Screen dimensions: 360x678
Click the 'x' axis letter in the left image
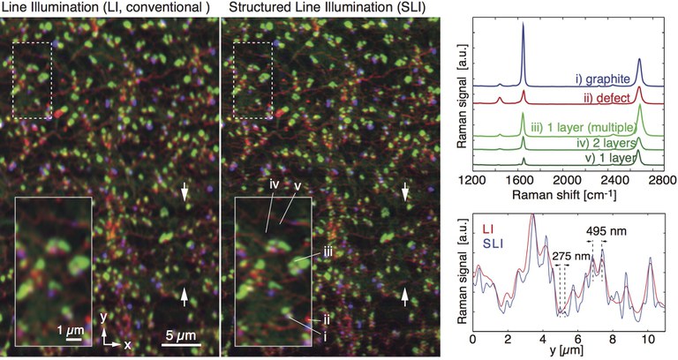[x=127, y=344]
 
